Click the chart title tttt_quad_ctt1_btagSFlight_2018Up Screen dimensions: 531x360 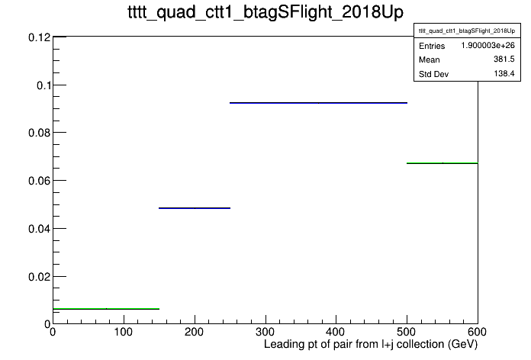tap(265, 12)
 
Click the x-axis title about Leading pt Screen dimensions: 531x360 tap(371, 345)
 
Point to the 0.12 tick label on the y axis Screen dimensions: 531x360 tap(39, 37)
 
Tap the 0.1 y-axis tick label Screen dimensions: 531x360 tap(44, 85)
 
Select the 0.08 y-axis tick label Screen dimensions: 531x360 tap(39, 133)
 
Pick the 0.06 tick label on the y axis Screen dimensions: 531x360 tap(39, 181)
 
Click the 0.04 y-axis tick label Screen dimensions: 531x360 tap(39, 229)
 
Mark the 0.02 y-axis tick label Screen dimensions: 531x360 tap(39, 277)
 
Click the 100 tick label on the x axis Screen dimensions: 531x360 tap(124, 332)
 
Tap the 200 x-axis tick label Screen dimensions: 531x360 tap(195, 332)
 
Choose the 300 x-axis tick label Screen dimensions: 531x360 tap(265, 332)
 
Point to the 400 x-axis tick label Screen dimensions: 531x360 tap(336, 332)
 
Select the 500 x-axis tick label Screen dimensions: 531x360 tap(407, 332)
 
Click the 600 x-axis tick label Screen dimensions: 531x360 tap(477, 332)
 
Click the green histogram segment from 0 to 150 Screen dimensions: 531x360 tap(106, 309)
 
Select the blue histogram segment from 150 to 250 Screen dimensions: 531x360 tap(195, 208)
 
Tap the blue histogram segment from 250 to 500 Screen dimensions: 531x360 tap(318, 103)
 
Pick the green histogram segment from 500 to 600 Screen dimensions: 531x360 tap(443, 163)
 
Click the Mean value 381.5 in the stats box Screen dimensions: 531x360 tap(504, 59)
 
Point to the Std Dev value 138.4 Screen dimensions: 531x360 tap(504, 73)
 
